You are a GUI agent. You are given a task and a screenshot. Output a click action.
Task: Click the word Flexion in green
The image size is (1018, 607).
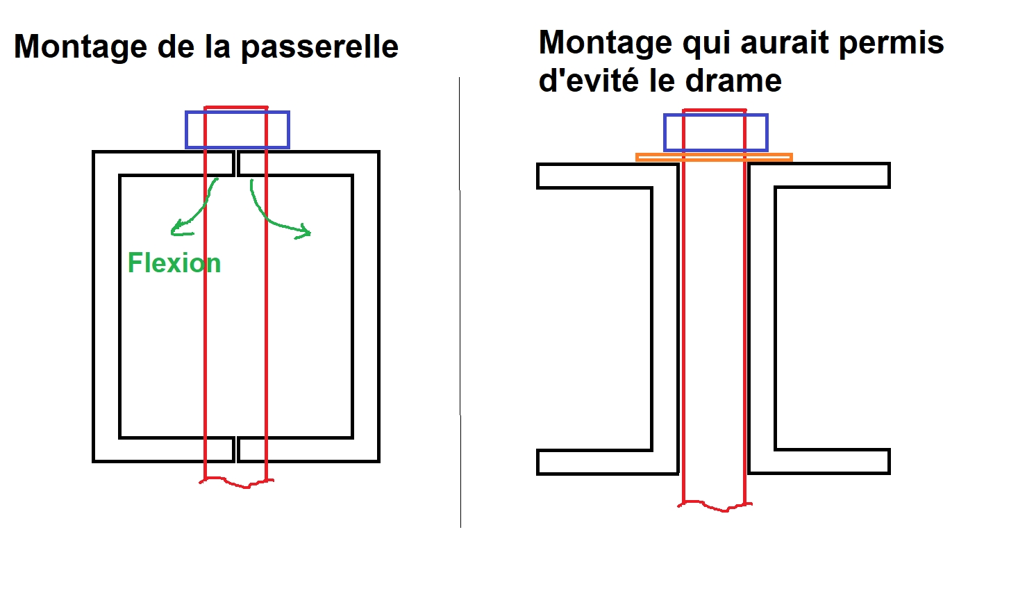(174, 263)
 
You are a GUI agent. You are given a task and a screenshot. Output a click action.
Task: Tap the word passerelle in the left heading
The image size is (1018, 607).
(319, 47)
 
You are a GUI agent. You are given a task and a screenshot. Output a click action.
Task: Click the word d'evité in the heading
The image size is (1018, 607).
(588, 81)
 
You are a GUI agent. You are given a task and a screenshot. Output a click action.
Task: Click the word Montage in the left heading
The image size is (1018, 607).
(81, 47)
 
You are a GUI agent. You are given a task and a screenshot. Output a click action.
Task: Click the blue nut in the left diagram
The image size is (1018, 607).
(237, 130)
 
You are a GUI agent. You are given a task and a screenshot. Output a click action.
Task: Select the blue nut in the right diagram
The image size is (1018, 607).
(715, 133)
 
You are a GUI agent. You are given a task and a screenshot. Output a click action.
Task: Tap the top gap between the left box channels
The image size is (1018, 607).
(236, 163)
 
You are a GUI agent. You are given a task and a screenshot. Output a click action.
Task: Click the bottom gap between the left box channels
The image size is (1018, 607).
(236, 450)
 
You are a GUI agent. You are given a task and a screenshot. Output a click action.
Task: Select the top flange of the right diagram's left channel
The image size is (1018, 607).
(597, 176)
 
